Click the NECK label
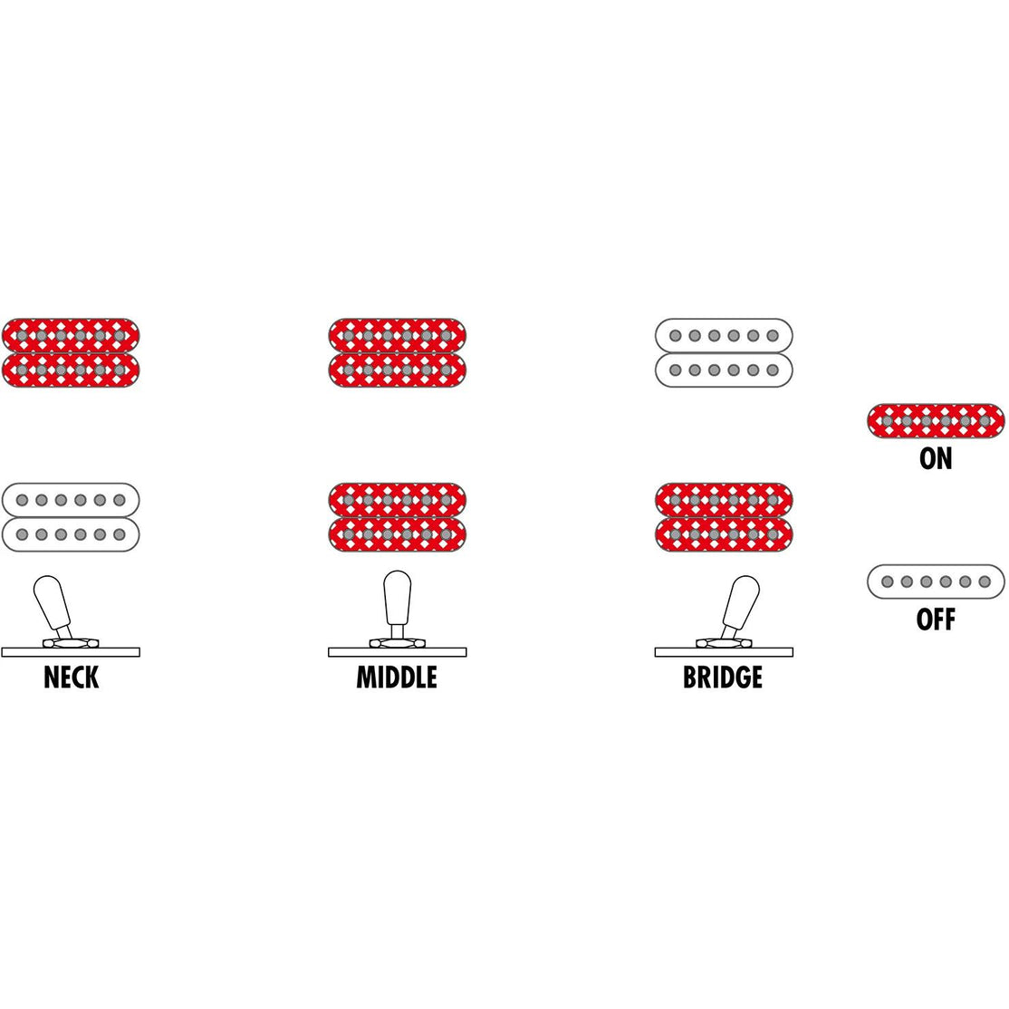(x=71, y=677)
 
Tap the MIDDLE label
(x=397, y=677)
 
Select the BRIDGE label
(x=723, y=677)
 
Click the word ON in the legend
(x=936, y=459)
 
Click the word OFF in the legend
(x=936, y=620)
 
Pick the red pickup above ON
(x=936, y=421)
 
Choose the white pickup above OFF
(x=936, y=581)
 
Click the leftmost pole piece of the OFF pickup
(x=887, y=581)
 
